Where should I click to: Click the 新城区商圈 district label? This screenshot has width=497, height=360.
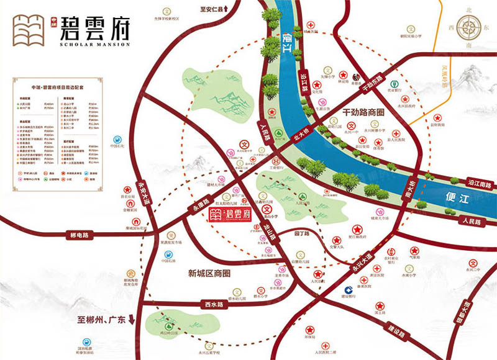coord(209,273)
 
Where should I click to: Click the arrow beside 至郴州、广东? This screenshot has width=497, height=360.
coord(132,323)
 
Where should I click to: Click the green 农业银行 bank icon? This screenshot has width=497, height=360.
coord(393,84)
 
